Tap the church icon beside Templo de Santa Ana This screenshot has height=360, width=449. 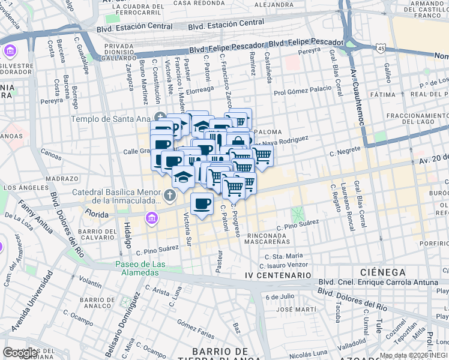tap(159, 116)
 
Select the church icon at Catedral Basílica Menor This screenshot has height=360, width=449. tap(170, 194)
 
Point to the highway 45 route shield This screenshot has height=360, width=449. tap(381, 48)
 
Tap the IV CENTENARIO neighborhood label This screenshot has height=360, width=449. tap(278, 275)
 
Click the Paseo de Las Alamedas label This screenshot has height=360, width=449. tap(137, 268)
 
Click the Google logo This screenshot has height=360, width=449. tap(20, 353)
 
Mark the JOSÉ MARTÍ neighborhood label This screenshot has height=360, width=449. tap(292, 310)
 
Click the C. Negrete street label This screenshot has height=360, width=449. tap(344, 153)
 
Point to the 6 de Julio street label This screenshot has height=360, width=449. tap(280, 296)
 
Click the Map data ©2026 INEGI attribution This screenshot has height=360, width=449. tap(414, 355)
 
